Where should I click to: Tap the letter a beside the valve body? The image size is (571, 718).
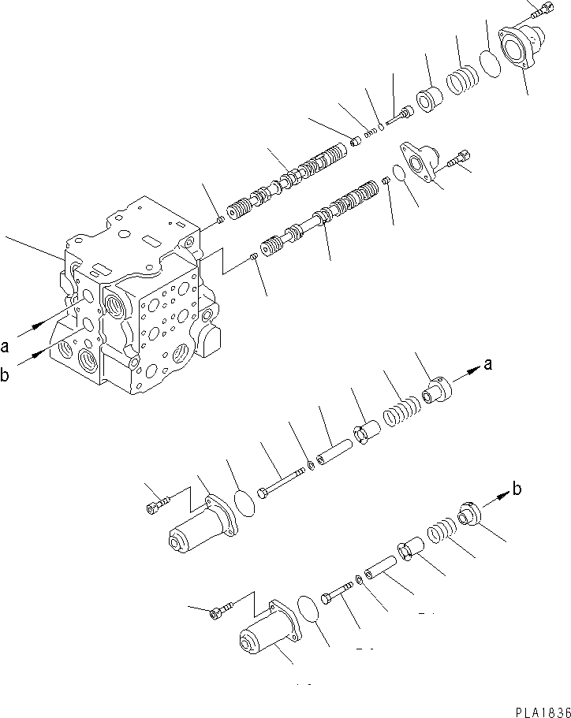pos(6,345)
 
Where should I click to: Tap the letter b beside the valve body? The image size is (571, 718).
pos(6,377)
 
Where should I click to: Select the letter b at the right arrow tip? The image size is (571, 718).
pos(517,489)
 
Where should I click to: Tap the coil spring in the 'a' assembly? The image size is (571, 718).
pos(401,411)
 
